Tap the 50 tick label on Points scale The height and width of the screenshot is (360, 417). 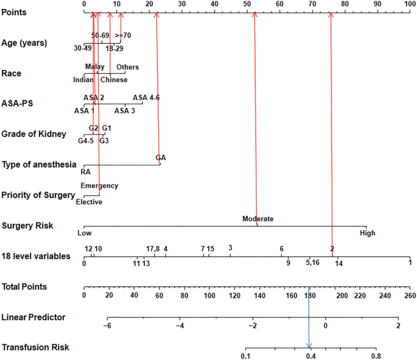247,4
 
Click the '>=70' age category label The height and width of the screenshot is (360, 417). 122,36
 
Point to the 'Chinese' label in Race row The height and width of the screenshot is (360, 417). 114,80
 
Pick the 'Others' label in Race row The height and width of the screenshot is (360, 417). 127,67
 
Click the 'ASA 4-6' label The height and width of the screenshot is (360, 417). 146,97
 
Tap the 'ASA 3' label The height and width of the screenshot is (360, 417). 125,110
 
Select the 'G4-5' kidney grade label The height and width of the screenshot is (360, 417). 86,141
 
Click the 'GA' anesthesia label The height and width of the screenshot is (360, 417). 160,158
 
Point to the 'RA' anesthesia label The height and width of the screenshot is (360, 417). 85,172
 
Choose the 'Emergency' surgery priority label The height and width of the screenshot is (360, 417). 99,186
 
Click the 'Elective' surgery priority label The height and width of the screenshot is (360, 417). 89,202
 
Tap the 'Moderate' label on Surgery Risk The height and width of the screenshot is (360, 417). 258,219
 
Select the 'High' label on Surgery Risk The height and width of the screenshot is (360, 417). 367,233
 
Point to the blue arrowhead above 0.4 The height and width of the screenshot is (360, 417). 309,345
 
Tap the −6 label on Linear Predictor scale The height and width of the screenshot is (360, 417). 108,326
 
